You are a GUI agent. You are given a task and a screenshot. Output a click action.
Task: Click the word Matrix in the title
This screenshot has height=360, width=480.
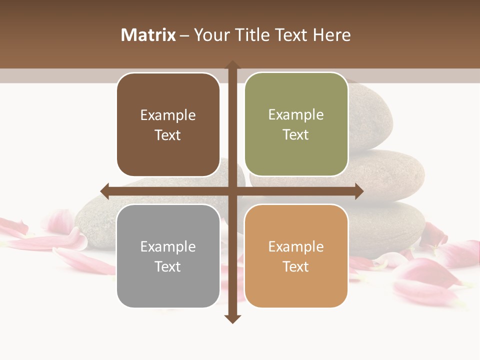tap(148, 35)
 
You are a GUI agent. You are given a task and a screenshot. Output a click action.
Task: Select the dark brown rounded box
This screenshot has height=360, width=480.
tap(168, 125)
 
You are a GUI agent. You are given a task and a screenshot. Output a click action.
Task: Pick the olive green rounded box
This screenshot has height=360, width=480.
tap(296, 124)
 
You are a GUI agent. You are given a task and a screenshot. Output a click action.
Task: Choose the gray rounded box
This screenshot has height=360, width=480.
tap(168, 256)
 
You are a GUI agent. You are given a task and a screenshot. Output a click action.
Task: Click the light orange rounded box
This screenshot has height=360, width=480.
tap(296, 256)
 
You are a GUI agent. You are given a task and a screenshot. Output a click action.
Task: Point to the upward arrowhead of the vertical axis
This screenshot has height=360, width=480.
tap(232, 65)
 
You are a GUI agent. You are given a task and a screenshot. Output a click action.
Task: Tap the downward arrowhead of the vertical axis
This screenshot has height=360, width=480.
tap(232, 319)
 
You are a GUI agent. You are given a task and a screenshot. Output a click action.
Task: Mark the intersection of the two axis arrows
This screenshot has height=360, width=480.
tap(232, 191)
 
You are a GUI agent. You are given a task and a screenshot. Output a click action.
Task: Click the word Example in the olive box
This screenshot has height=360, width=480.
tap(296, 115)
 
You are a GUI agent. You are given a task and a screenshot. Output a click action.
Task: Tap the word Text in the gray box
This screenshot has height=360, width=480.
tap(168, 266)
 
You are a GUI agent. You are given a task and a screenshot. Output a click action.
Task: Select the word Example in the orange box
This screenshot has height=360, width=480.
tap(296, 246)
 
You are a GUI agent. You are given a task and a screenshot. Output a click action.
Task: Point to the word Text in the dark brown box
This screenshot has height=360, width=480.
tap(168, 135)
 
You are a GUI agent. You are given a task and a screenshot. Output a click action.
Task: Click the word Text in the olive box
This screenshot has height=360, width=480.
tap(296, 135)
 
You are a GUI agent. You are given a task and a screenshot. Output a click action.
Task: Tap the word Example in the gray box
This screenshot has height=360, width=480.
tap(168, 246)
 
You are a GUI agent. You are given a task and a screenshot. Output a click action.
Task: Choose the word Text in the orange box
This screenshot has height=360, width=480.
tap(296, 266)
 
